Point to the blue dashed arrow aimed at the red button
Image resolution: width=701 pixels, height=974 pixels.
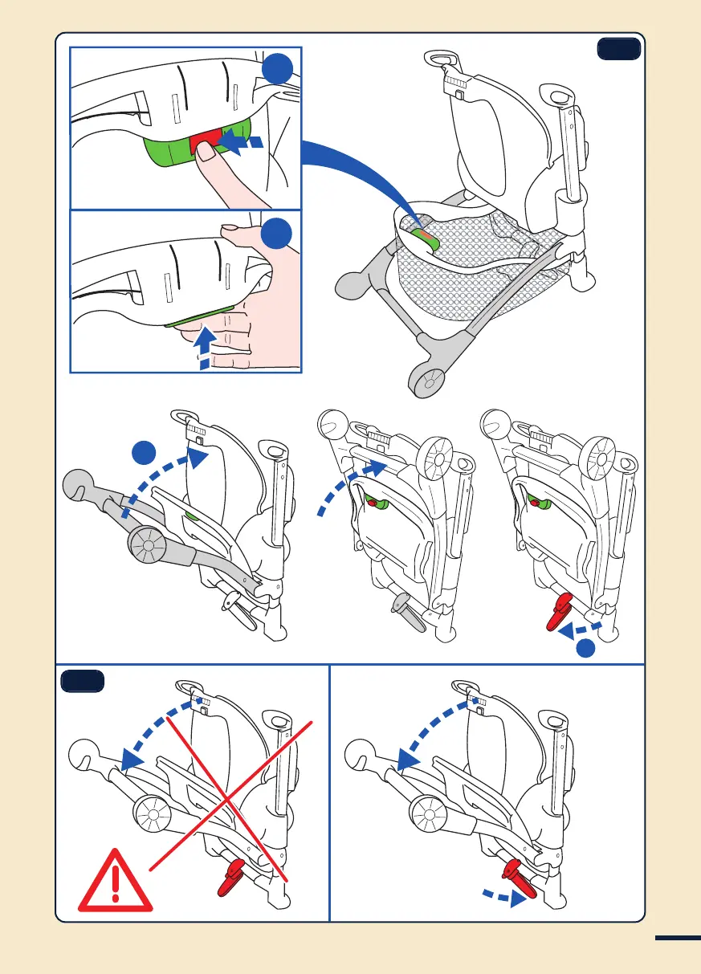[x=244, y=143]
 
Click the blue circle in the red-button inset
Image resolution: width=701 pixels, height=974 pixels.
[x=276, y=70]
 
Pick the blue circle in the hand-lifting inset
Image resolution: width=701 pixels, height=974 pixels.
[x=276, y=234]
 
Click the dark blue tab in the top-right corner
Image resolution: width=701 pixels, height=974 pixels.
[x=618, y=50]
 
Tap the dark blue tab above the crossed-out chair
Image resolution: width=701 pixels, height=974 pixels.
[x=83, y=682]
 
